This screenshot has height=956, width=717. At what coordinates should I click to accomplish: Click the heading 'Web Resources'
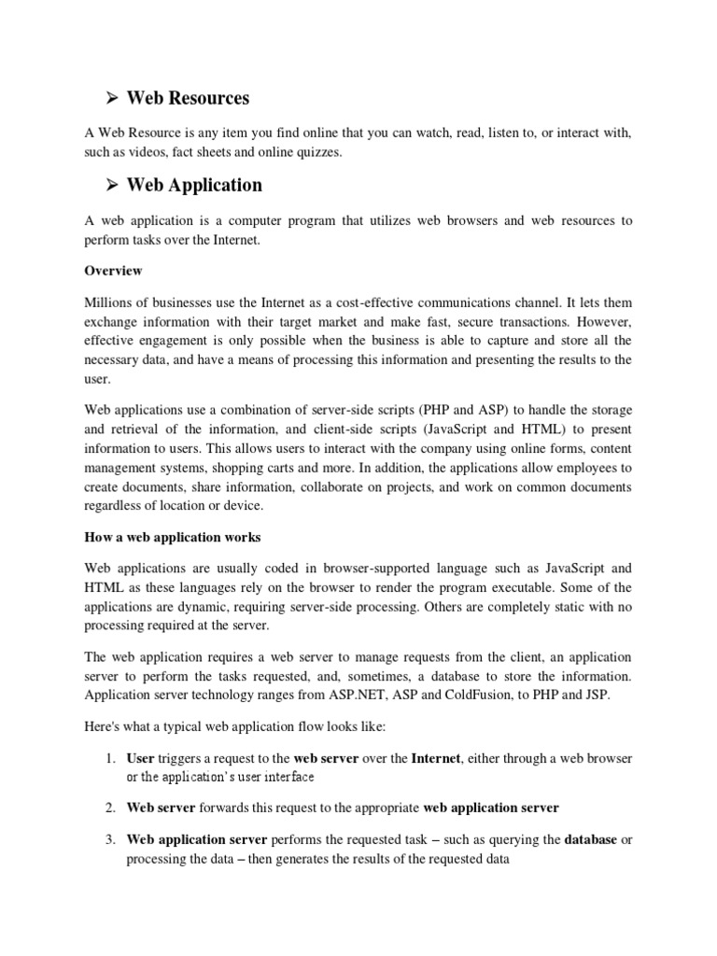[188, 98]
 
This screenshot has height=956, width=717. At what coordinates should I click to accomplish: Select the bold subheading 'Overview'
[113, 271]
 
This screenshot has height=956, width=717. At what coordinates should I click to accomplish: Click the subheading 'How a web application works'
[173, 538]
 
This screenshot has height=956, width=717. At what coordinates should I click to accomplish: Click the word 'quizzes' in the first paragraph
[316, 153]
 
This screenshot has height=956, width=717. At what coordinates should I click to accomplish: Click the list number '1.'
[108, 759]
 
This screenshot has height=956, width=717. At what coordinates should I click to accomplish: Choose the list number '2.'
[108, 808]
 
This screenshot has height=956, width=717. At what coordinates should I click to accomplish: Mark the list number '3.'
[108, 840]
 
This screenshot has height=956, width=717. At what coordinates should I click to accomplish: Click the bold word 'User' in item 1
[140, 759]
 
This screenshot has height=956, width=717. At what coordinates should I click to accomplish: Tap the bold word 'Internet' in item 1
[436, 759]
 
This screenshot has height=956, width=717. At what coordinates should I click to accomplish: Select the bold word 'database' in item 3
[590, 840]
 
